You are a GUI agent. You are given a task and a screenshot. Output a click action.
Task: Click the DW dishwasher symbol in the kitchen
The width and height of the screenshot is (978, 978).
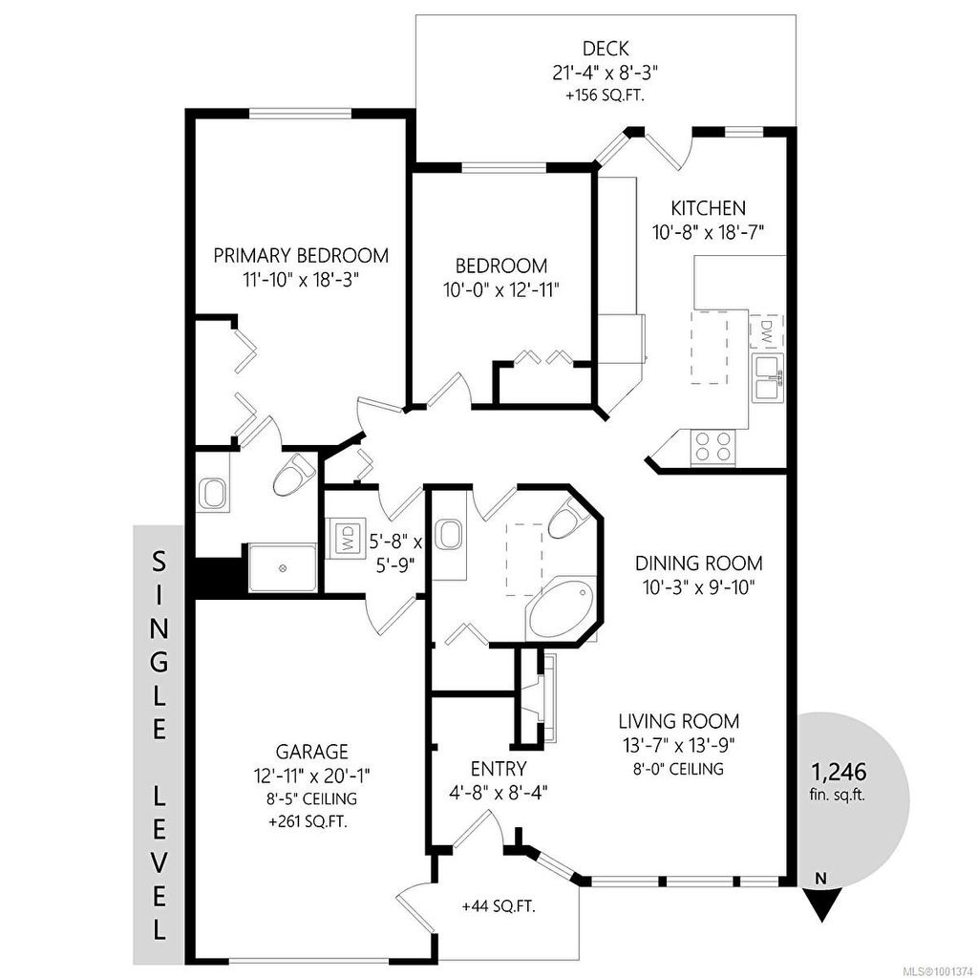[x=767, y=330]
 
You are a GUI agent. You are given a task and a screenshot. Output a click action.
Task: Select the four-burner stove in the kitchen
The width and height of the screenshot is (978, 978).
[x=712, y=447]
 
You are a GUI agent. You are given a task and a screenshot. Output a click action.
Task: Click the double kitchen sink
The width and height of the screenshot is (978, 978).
[x=769, y=376]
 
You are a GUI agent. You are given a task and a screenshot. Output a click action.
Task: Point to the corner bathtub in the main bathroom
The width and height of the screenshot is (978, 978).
[x=560, y=608]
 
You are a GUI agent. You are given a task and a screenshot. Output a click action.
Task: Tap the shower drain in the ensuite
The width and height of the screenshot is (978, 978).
[x=283, y=568]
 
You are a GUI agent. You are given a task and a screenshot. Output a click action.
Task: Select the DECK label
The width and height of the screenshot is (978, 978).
[x=605, y=48]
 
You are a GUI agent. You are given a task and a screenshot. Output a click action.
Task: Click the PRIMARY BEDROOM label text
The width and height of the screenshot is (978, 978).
[x=301, y=256]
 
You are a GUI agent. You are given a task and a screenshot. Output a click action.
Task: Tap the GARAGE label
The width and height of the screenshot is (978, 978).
[x=312, y=751]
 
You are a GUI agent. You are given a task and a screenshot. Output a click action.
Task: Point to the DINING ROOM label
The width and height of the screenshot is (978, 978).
[x=698, y=563]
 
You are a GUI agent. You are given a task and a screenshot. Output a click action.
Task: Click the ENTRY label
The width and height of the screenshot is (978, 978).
[x=499, y=768]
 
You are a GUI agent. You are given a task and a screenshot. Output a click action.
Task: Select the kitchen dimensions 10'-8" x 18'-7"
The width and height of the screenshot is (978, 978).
[x=708, y=233]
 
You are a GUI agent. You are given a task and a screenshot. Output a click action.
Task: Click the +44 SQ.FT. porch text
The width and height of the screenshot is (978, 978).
[x=499, y=906]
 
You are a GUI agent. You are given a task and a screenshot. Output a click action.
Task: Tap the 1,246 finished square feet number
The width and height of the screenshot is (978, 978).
[x=839, y=772]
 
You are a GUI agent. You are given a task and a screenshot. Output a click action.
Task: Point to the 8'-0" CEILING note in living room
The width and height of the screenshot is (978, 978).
[x=679, y=769]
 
